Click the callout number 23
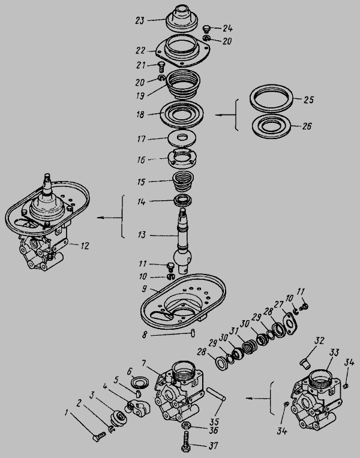click(139, 21)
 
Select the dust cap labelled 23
click(182, 17)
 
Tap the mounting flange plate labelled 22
click(183, 50)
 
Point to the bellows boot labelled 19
click(183, 85)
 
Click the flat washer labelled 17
click(182, 138)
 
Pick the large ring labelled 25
click(271, 98)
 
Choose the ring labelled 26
click(271, 126)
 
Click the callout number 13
click(142, 235)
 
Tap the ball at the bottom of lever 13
click(183, 256)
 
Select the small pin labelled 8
click(193, 333)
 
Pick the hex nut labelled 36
click(186, 425)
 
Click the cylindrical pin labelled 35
click(216, 393)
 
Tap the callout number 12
click(85, 246)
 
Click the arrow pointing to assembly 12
click(109, 218)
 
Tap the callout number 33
click(334, 352)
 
